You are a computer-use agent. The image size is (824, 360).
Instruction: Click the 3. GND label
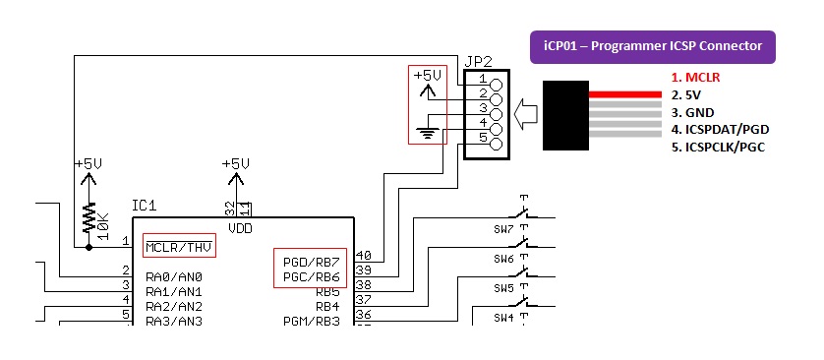coord(693,113)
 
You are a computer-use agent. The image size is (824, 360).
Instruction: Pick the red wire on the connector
coord(623,94)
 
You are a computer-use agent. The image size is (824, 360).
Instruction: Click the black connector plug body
coord(564,115)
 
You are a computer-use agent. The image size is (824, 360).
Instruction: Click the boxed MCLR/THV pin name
coord(179,246)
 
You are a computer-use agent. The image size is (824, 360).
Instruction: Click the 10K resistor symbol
coord(89,216)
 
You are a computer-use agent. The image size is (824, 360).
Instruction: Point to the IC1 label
coord(145,207)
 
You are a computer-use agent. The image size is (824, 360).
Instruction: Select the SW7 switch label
coord(504,229)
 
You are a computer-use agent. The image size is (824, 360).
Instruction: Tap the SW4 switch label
coord(504,317)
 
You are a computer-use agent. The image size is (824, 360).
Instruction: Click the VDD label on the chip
coord(240,227)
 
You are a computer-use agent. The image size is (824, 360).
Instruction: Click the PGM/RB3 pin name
coord(312,321)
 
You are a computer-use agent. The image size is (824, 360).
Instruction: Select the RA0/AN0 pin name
coord(174,276)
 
